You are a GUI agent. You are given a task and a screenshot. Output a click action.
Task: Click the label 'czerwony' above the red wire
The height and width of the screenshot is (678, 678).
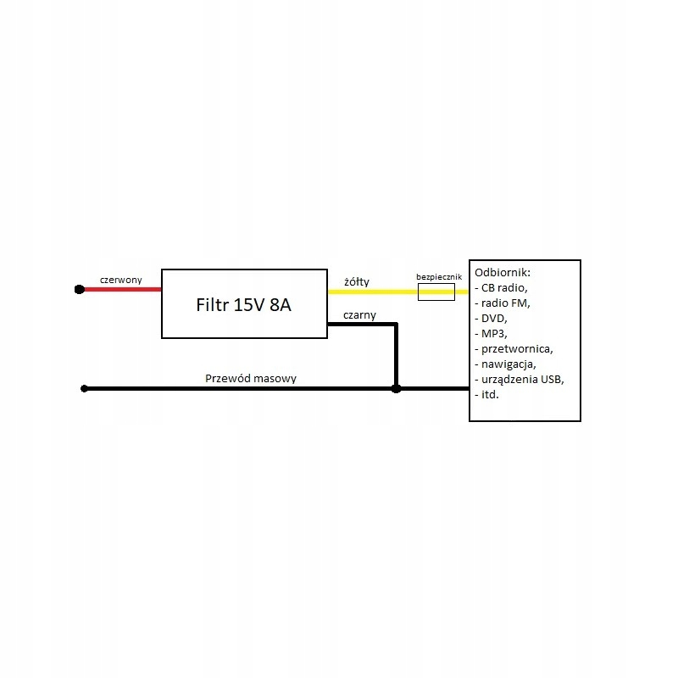click(120, 280)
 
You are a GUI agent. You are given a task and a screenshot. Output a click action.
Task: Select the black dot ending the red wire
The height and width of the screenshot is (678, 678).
click(80, 289)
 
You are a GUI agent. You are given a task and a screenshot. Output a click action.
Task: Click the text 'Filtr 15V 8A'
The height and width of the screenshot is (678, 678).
click(243, 305)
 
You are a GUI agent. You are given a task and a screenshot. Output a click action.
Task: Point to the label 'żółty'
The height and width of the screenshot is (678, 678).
click(357, 281)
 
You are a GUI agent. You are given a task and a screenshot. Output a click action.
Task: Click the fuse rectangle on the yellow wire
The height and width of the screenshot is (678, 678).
click(436, 292)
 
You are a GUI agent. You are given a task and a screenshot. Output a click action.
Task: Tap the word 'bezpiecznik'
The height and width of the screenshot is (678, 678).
click(439, 277)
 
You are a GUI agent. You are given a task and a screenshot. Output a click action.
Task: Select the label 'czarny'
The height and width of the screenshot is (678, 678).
click(359, 315)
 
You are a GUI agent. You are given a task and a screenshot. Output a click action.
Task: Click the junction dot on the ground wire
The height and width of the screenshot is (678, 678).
click(396, 389)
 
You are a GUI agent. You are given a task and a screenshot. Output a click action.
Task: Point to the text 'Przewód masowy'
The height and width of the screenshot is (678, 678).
click(251, 378)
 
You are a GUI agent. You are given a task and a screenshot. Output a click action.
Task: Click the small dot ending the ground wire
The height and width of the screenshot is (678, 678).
click(84, 389)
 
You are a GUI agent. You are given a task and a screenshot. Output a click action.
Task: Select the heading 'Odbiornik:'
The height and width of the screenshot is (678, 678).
click(503, 272)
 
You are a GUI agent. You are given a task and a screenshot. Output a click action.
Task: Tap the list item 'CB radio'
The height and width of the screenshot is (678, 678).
click(504, 287)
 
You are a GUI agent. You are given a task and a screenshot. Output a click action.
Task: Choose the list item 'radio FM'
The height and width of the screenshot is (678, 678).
click(505, 303)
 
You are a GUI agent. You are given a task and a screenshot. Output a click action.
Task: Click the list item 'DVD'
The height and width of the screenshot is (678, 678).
click(494, 319)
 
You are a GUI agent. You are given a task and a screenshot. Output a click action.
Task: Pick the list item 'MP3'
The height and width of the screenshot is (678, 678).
click(494, 333)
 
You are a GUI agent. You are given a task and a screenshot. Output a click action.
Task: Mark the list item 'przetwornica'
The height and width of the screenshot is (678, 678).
click(517, 349)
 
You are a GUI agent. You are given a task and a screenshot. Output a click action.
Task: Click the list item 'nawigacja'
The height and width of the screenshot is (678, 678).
click(508, 364)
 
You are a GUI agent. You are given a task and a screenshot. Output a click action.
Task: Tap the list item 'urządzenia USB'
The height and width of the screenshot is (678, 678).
click(522, 379)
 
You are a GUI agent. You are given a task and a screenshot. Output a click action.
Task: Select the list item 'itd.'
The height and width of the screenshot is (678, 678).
click(490, 394)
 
